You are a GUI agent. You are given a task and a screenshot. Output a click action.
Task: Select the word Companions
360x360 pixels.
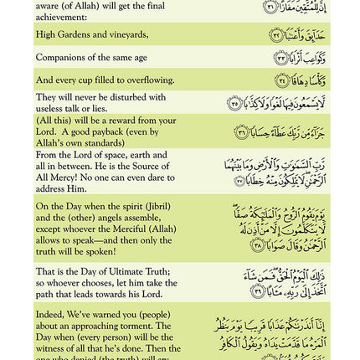click(59, 57)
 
